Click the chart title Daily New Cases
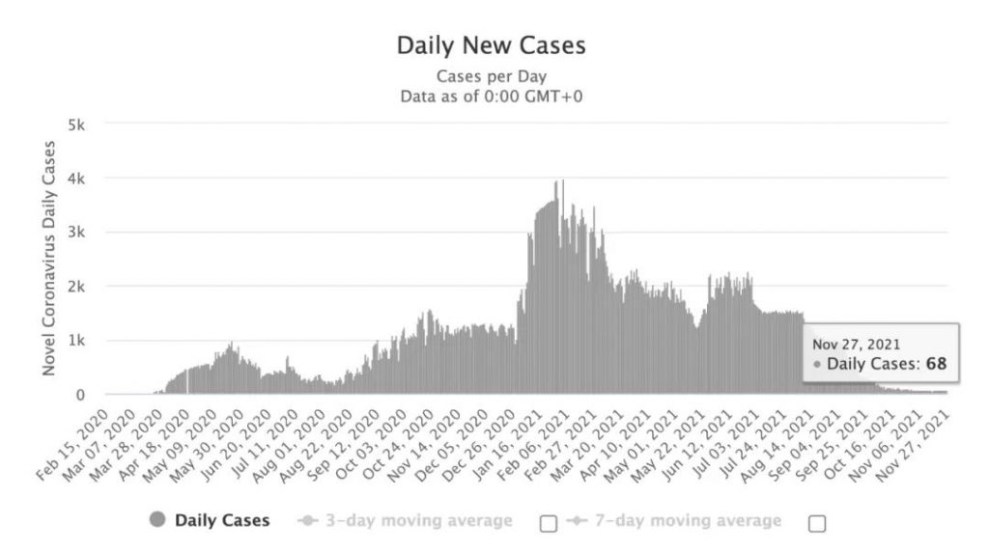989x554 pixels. click(x=492, y=44)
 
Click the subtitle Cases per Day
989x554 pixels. click(x=493, y=76)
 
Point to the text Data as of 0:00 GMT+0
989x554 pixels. click(x=493, y=96)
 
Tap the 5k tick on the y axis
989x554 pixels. click(x=78, y=125)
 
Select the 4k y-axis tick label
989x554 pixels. click(x=78, y=179)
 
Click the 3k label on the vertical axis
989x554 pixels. click(x=78, y=233)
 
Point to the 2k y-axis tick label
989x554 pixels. click(x=78, y=287)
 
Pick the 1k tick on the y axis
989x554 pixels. click(x=78, y=341)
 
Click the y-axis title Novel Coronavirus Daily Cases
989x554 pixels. click(x=48, y=259)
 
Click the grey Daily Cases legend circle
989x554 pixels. click(x=157, y=521)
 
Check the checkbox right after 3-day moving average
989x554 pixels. click(x=549, y=523)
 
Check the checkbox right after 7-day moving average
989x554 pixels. click(x=817, y=523)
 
